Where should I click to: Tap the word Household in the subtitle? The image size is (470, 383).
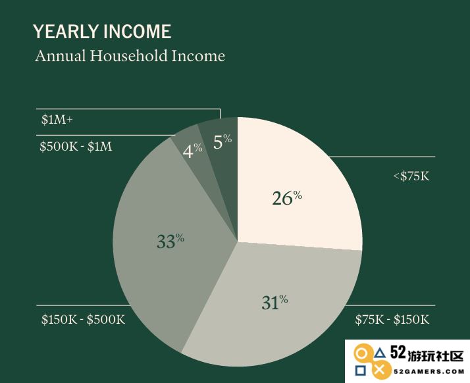[x=128, y=56]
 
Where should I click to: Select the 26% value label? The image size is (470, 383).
[x=287, y=198]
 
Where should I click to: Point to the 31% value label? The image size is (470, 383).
[x=274, y=302]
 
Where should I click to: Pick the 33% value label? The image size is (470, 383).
[x=170, y=241]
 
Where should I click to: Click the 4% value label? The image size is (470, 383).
[x=192, y=151]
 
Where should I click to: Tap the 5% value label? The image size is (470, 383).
[x=222, y=141]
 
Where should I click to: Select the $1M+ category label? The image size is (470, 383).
[x=57, y=120]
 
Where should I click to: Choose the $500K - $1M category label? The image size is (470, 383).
[x=76, y=147]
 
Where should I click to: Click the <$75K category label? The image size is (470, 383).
[x=411, y=176]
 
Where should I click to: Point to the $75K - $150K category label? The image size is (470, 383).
[x=392, y=319]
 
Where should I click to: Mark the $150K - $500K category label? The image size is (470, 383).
[x=84, y=319]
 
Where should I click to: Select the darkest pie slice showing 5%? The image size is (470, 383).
[x=221, y=156]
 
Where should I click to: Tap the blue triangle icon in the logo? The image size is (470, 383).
[x=380, y=353]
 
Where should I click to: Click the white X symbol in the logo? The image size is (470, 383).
[x=380, y=370]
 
